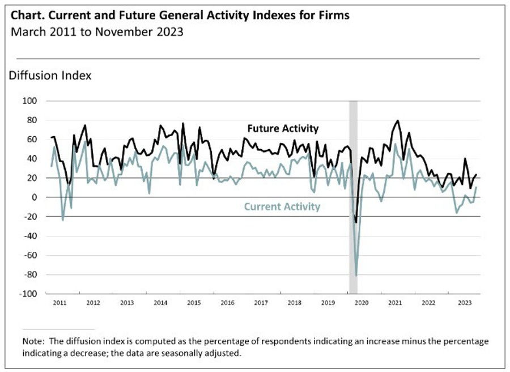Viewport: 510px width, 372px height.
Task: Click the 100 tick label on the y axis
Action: coord(29,101)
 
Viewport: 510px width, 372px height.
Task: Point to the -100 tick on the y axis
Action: coord(28,294)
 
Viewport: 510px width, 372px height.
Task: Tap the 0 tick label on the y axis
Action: coord(34,197)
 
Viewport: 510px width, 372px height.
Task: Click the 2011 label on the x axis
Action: coord(59,303)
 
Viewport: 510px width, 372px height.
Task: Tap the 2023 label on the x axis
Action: coord(462,303)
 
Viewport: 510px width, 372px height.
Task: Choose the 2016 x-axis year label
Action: coord(227,303)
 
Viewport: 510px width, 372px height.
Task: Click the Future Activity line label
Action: coord(283,129)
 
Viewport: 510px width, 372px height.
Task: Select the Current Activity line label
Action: coord(282,206)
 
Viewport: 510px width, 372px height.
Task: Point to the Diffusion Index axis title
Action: coord(50,75)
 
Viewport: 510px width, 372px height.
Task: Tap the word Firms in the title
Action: coord(333,16)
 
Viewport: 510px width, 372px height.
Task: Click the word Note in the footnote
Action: coord(32,342)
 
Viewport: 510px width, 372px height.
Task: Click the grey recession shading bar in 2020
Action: coord(353,170)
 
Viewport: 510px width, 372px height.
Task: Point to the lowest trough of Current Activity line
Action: coord(356,276)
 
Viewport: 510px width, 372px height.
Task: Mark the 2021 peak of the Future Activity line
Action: coord(397,121)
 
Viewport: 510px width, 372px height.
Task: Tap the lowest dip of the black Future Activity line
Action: coord(356,222)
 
